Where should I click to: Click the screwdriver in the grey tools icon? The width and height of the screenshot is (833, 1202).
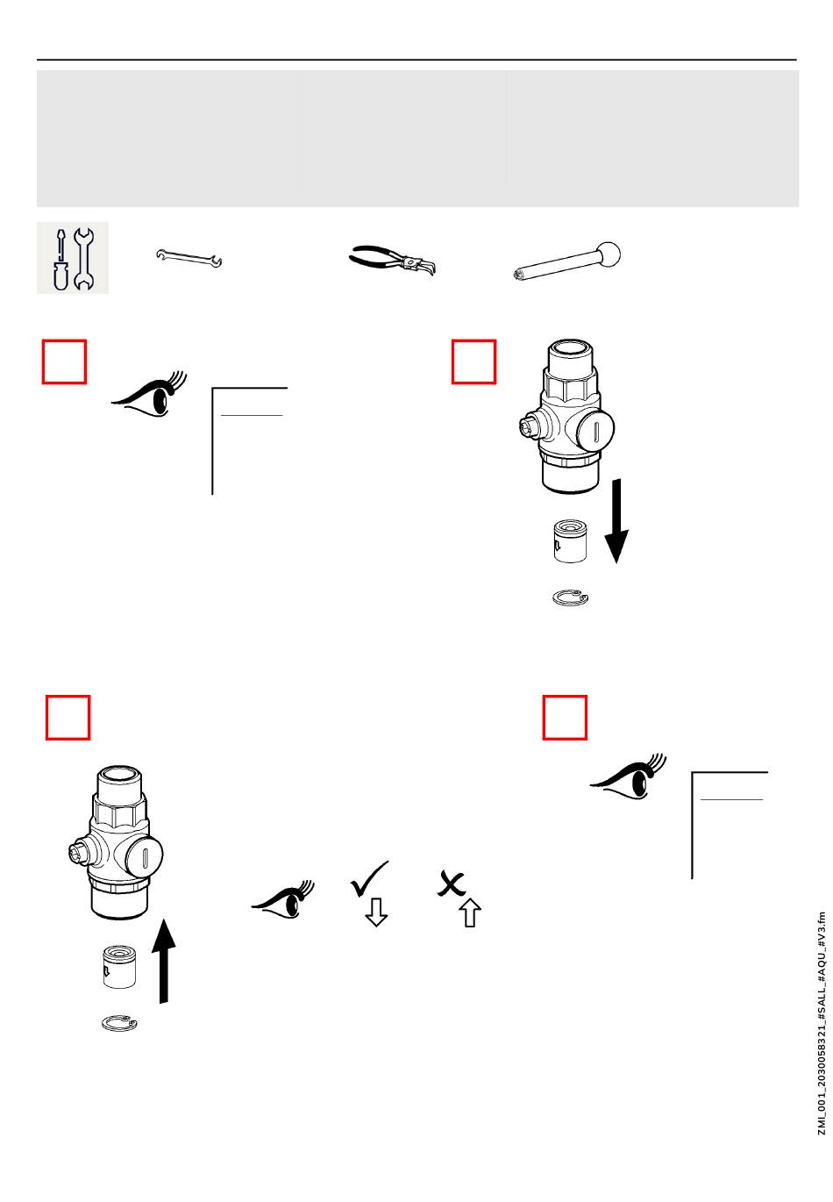click(61, 260)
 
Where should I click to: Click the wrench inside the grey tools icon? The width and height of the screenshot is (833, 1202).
click(83, 259)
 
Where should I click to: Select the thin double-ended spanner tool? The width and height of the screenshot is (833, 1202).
click(189, 258)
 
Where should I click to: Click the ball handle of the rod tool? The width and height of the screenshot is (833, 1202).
click(609, 254)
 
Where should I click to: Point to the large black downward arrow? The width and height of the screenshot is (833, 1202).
click(616, 520)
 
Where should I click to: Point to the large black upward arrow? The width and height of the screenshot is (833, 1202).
click(164, 961)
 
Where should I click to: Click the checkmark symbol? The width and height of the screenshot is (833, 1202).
click(369, 878)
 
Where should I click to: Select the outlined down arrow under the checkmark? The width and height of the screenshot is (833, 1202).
click(376, 912)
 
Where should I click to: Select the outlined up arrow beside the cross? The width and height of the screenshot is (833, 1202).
click(470, 912)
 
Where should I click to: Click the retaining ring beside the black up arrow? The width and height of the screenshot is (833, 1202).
click(119, 1024)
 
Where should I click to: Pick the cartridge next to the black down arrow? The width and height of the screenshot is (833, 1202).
click(570, 540)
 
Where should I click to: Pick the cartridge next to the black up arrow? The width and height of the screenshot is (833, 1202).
click(119, 967)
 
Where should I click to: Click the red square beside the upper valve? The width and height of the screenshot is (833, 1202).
click(473, 361)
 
